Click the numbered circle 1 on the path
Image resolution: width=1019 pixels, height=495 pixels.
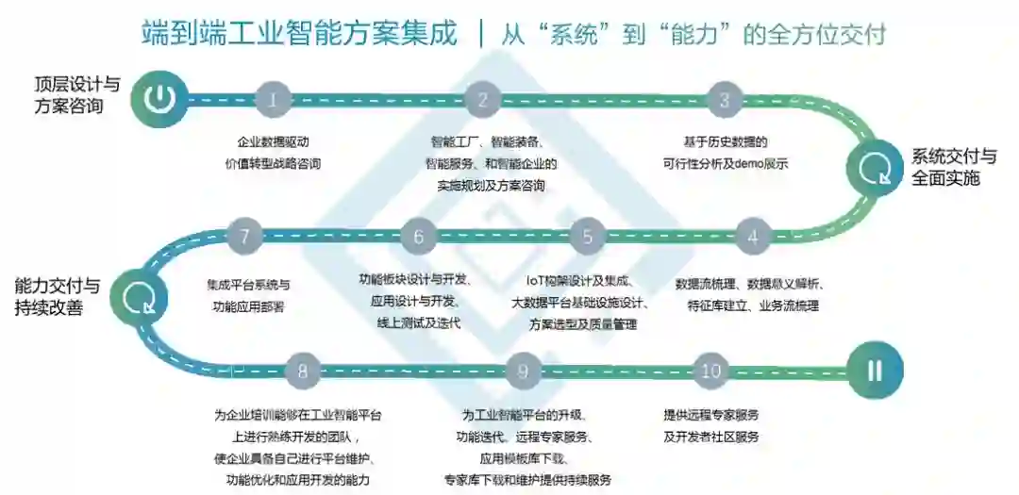(x=274, y=98)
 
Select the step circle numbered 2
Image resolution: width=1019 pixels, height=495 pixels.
(x=483, y=98)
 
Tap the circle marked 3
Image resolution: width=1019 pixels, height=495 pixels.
(x=724, y=98)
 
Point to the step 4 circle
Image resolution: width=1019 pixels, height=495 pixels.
(x=752, y=237)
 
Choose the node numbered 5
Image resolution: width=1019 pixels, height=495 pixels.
(x=587, y=237)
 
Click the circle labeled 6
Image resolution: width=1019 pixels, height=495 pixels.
(x=419, y=237)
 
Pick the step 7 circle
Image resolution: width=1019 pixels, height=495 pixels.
(x=244, y=237)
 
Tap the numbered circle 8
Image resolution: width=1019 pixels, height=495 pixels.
(x=302, y=371)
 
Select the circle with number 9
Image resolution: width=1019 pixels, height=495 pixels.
(x=522, y=371)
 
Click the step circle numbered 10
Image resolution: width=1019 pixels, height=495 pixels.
(x=710, y=371)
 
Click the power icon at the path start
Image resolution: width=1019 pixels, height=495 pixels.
(x=160, y=97)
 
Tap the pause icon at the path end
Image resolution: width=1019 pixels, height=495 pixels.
(x=875, y=371)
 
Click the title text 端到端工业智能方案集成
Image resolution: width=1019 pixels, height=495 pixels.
(x=299, y=35)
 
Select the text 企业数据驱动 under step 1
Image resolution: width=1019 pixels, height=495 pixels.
(x=274, y=142)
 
